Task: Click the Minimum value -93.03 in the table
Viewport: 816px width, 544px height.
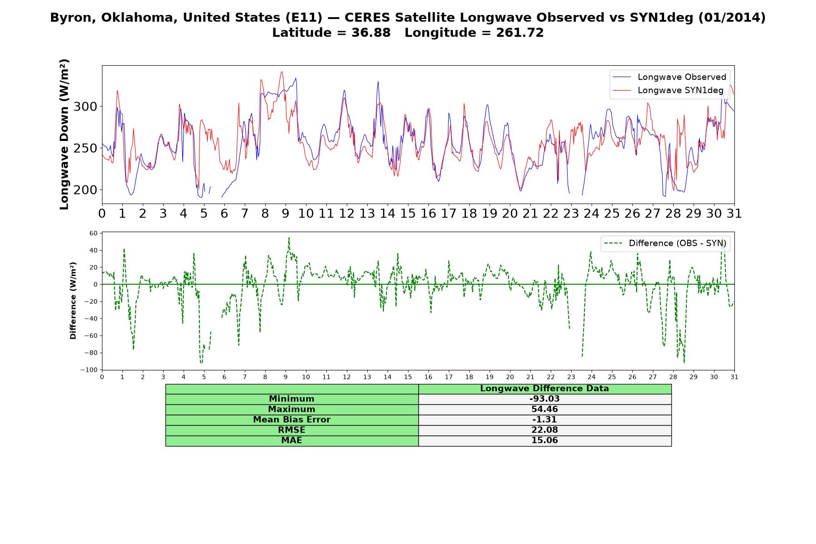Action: [x=544, y=399]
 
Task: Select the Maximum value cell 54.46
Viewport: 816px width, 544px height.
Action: [x=544, y=409]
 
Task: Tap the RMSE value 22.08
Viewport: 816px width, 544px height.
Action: [x=544, y=430]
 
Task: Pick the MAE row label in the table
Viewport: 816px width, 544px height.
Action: [x=291, y=441]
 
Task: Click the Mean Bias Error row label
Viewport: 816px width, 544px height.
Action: [x=291, y=420]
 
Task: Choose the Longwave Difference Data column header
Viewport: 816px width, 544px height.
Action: [x=544, y=389]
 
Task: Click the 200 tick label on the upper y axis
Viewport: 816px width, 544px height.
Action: [x=85, y=190]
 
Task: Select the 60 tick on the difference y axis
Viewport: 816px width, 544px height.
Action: [x=93, y=233]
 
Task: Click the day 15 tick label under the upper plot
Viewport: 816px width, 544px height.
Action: [x=408, y=213]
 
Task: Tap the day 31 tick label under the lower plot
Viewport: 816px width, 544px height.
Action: [x=734, y=377]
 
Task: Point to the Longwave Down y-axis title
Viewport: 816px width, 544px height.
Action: [x=64, y=134]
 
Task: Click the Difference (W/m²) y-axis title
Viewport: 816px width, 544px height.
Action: [x=73, y=301]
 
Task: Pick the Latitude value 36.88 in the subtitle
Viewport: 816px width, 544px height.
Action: [x=371, y=33]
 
